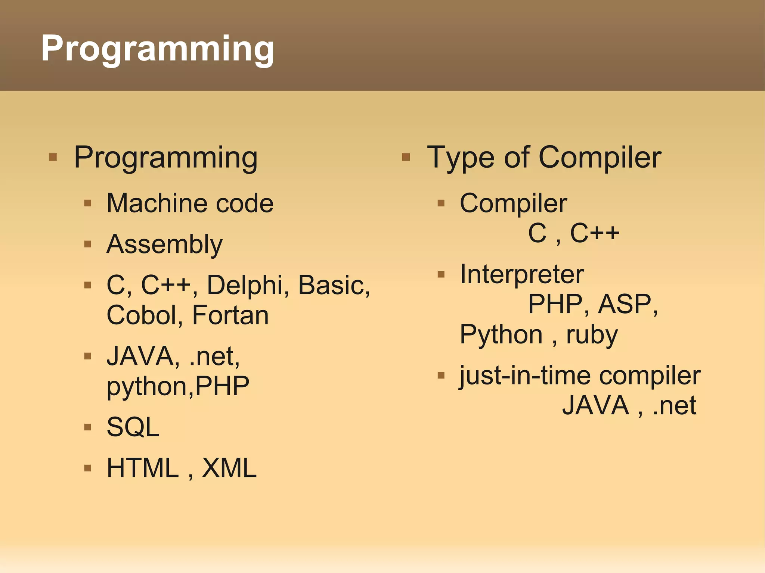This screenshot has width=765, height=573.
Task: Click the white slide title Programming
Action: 157,49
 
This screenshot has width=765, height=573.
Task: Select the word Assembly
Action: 164,245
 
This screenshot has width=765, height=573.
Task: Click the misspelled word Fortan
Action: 230,315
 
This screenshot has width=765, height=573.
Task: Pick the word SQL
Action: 133,427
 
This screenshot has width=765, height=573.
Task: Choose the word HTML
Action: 143,468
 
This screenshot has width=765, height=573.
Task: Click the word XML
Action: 229,468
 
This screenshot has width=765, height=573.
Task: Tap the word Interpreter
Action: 521,274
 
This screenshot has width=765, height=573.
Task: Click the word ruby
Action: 592,335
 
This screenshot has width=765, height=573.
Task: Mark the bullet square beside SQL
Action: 88,427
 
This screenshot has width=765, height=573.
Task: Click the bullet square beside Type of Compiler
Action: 406,157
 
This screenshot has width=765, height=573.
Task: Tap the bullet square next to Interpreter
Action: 441,275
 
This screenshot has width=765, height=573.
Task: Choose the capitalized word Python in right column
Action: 501,335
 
